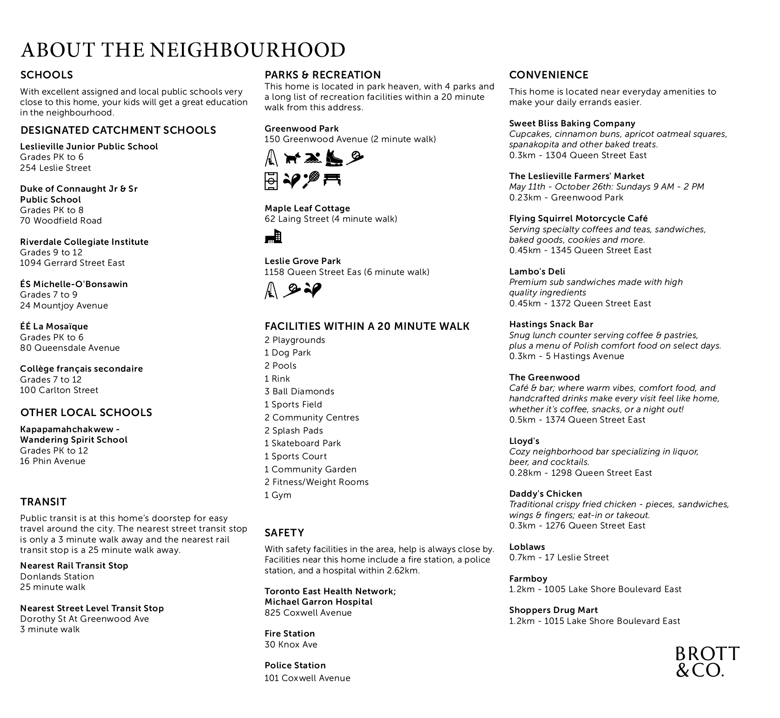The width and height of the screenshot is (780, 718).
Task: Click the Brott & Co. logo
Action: tap(707, 661)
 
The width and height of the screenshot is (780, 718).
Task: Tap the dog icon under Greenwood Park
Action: tap(292, 158)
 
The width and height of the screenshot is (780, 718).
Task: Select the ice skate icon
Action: tap(334, 158)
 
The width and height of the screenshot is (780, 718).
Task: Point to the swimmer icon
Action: tap(313, 158)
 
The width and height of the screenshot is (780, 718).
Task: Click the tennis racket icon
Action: tap(311, 179)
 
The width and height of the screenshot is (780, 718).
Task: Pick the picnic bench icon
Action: tap(332, 179)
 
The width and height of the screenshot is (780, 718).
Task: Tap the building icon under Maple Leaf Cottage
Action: tap(273, 236)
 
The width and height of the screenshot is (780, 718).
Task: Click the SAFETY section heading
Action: tap(284, 533)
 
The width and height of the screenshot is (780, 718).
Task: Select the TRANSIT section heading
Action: tap(43, 502)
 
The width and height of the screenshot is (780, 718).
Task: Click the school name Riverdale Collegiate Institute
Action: tap(84, 242)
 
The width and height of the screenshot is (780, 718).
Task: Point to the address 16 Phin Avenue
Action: tap(53, 461)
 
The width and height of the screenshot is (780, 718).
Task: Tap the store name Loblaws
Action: tap(527, 547)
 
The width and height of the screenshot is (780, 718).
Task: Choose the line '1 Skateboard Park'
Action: tap(303, 443)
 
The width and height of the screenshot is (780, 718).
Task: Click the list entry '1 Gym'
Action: tap(278, 495)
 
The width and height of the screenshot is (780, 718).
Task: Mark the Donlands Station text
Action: tap(57, 576)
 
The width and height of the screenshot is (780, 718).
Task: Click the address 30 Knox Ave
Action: tap(291, 644)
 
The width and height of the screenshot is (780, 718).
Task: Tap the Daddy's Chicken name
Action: tap(545, 494)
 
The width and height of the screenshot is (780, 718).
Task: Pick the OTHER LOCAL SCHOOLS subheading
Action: tap(86, 413)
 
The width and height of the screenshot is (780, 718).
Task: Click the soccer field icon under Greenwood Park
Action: tap(271, 180)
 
